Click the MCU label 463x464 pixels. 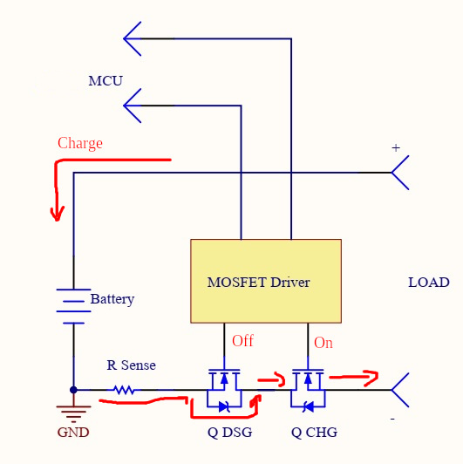(x=106, y=81)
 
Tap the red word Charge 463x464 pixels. (x=80, y=144)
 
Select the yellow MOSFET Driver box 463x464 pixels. (x=266, y=281)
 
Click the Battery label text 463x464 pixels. (x=112, y=299)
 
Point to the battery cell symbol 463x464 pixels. (x=73, y=306)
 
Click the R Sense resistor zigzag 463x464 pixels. (x=125, y=390)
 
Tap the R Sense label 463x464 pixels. (x=131, y=365)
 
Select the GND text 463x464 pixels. (x=73, y=433)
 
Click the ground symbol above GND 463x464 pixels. (x=73, y=413)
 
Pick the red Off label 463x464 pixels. (x=242, y=341)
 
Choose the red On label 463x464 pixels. (x=323, y=343)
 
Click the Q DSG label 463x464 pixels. (x=230, y=433)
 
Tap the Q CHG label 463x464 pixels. (x=314, y=433)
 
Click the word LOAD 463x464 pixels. (x=429, y=283)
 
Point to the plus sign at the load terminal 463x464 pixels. (x=396, y=147)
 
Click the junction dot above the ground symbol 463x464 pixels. (x=73, y=390)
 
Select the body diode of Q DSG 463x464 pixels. (x=225, y=406)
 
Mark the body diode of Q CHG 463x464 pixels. (x=309, y=406)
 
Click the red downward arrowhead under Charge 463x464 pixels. (x=57, y=213)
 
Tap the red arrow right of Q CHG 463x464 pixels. (x=354, y=377)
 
